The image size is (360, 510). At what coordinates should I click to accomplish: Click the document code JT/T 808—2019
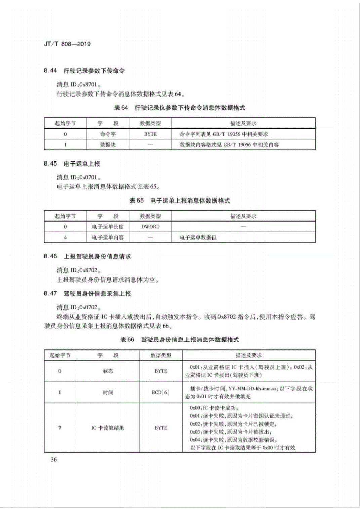point(67,44)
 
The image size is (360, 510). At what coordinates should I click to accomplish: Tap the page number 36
point(54,460)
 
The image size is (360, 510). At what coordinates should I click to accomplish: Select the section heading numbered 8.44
point(84,71)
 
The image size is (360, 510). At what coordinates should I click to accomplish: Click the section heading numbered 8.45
point(72,164)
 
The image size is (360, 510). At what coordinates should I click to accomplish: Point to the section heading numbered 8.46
point(87,256)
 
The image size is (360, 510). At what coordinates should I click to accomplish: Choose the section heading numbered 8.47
point(87,294)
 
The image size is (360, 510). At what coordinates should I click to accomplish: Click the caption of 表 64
point(180,108)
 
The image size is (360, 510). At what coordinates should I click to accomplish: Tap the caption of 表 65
point(180,201)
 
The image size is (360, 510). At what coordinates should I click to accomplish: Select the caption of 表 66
point(180,340)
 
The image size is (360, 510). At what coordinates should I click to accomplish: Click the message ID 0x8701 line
point(79,84)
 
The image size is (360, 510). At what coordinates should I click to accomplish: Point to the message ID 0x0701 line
point(79,177)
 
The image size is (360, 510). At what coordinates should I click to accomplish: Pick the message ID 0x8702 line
point(79,270)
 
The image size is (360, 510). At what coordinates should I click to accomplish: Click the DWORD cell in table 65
point(150,227)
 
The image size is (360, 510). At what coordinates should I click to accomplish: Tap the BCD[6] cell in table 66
point(161,392)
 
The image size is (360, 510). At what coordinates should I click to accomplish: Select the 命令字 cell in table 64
point(108,134)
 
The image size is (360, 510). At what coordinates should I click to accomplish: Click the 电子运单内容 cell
point(108,238)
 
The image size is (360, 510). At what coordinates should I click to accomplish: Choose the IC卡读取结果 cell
point(108,428)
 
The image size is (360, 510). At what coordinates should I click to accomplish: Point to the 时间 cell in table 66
point(108,392)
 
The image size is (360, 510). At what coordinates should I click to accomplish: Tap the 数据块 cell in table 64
point(108,145)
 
